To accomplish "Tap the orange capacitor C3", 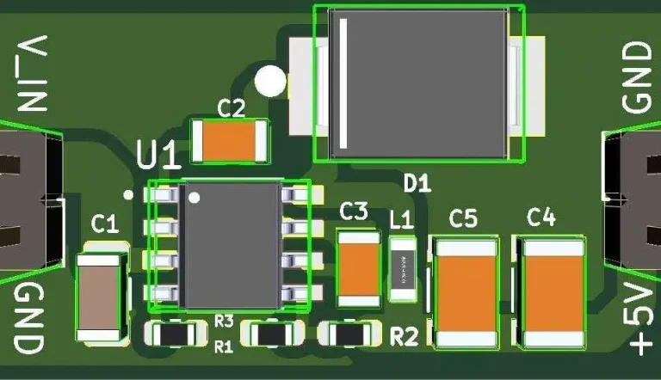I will pyautogui.click(x=358, y=268).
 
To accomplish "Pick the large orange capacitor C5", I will pyautogui.click(x=466, y=293).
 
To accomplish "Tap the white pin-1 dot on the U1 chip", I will pyautogui.click(x=195, y=199).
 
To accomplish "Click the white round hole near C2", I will pyautogui.click(x=270, y=82).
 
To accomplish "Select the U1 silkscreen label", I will pyautogui.click(x=159, y=156).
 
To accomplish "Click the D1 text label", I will pyautogui.click(x=417, y=182).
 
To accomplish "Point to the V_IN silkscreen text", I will pyautogui.click(x=31, y=75).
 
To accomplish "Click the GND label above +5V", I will pyautogui.click(x=638, y=77).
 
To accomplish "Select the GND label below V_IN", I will pyautogui.click(x=28, y=319).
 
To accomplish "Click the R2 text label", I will pyautogui.click(x=404, y=336).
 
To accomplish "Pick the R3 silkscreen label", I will pyautogui.click(x=224, y=321).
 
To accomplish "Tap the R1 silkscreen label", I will pyautogui.click(x=224, y=347).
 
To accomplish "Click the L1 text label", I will pyautogui.click(x=401, y=219).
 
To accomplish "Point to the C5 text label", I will pyautogui.click(x=463, y=219).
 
